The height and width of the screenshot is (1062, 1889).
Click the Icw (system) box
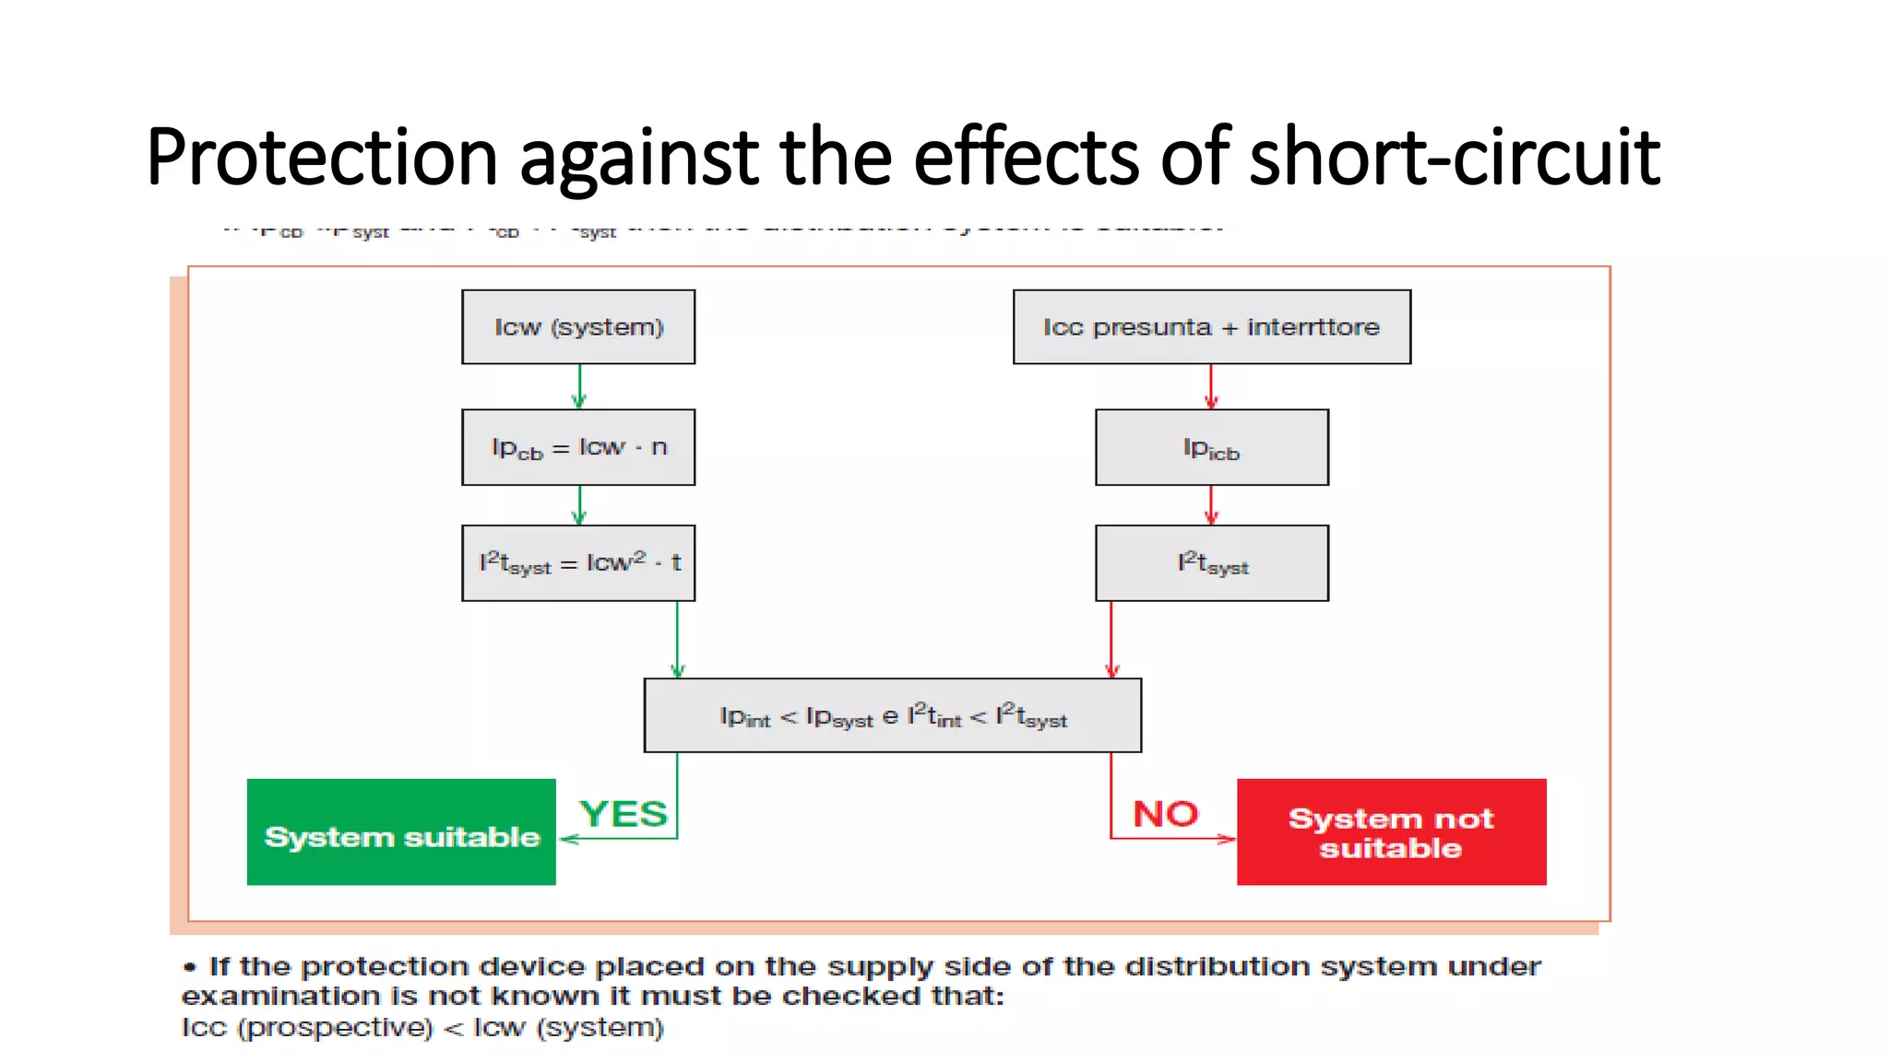click(578, 327)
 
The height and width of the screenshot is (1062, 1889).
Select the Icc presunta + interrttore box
click(1211, 327)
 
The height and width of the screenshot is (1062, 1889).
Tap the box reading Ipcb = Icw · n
click(578, 447)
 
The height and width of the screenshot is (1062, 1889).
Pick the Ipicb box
click(1211, 447)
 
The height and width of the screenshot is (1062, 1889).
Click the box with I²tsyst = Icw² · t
click(578, 563)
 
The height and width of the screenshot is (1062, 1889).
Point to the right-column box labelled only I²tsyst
click(1211, 563)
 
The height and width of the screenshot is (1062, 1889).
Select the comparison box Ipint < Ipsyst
click(892, 716)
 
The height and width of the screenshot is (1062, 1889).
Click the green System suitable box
click(401, 832)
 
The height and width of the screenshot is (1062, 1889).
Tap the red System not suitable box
click(1391, 832)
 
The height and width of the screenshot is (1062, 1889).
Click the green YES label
click(623, 814)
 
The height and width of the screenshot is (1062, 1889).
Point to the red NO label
click(1165, 814)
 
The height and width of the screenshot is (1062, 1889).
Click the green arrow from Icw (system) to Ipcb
click(579, 386)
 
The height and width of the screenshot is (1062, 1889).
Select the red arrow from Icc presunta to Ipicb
click(1211, 386)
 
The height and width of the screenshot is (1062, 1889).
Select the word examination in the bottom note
click(280, 997)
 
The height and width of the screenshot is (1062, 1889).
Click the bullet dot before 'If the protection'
click(190, 967)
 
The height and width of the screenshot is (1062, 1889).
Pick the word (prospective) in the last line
click(335, 1028)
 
